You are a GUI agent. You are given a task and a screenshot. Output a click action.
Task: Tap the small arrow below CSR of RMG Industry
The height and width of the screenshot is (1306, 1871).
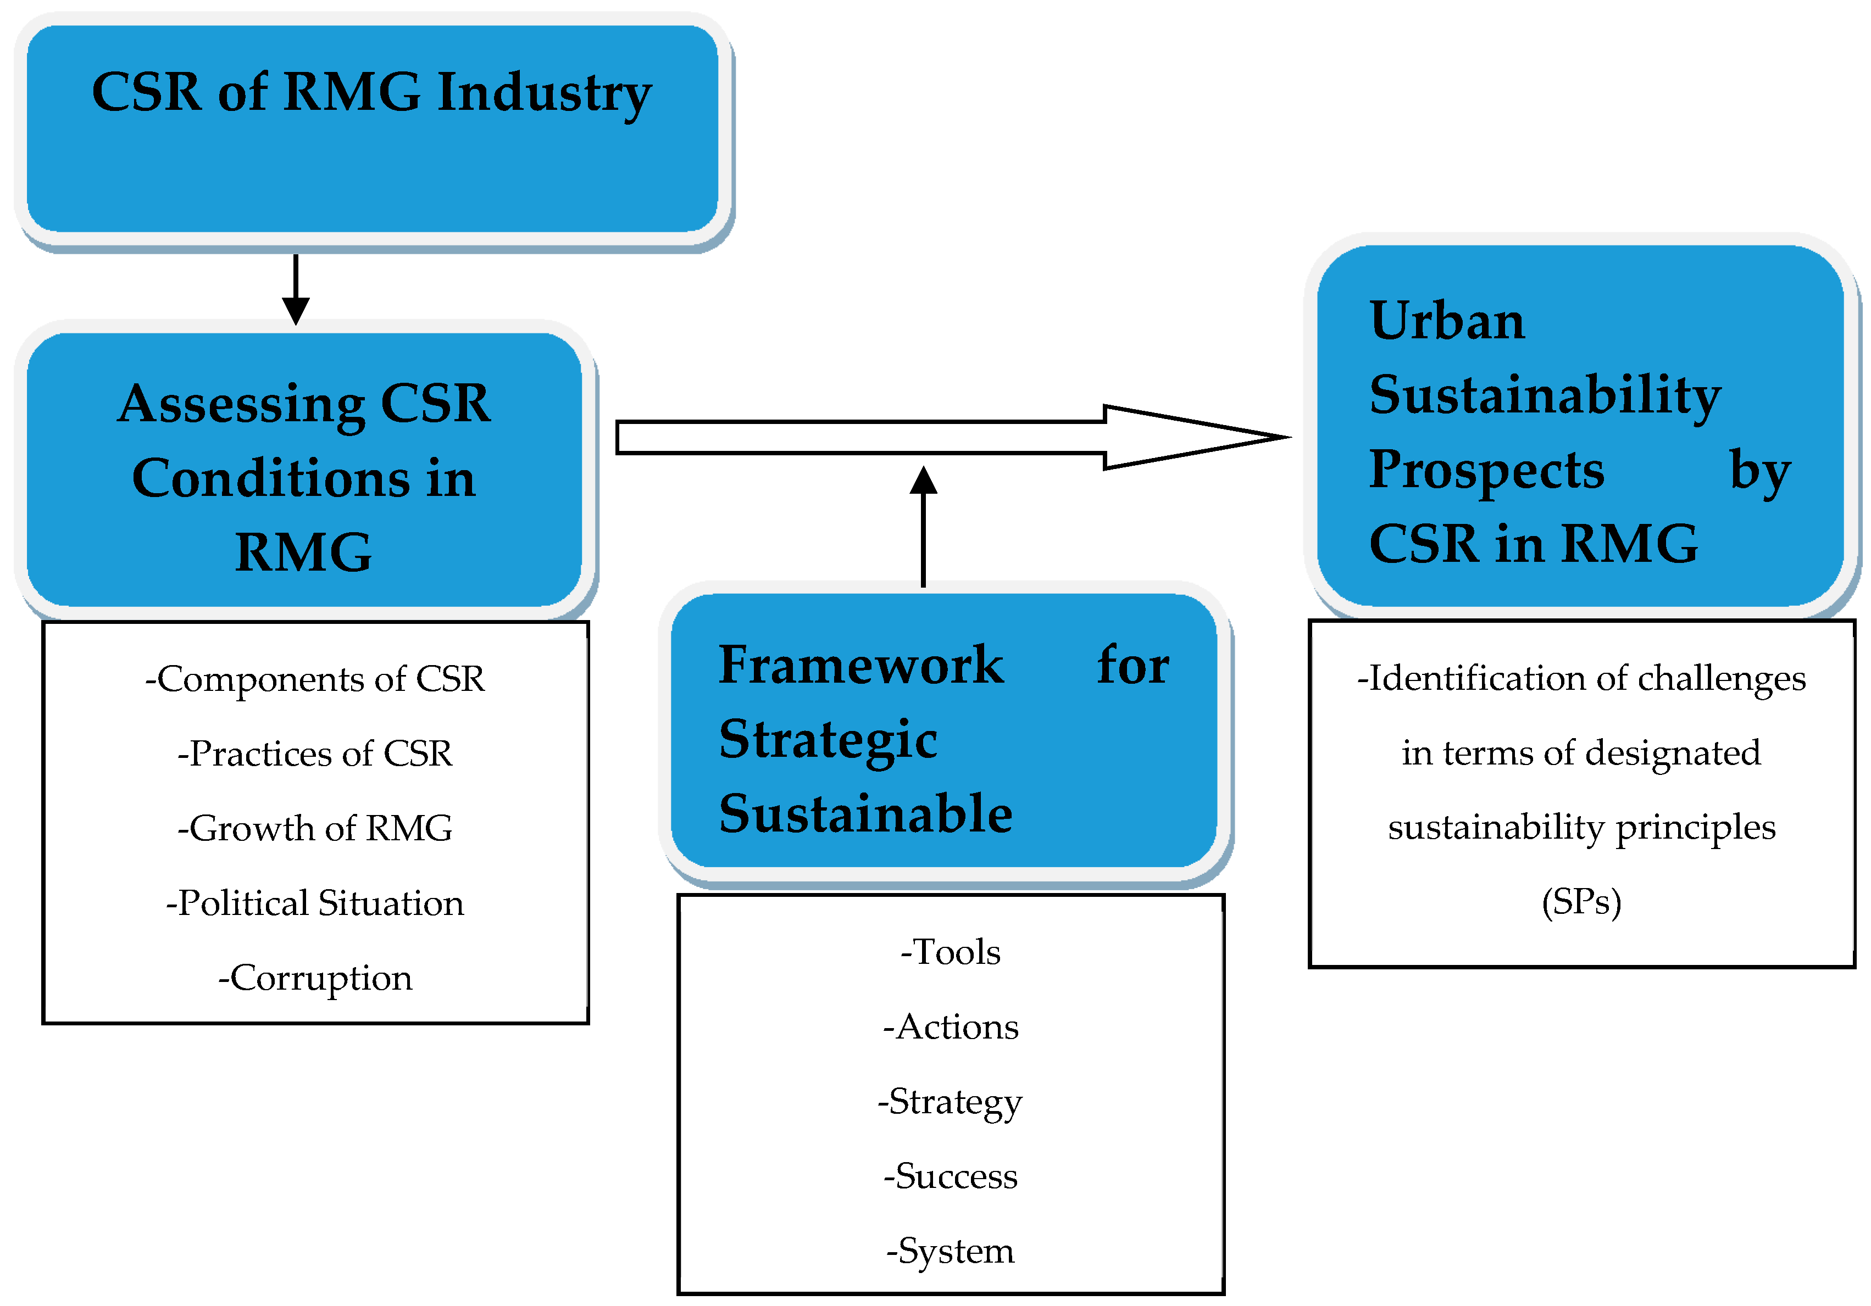[295, 290]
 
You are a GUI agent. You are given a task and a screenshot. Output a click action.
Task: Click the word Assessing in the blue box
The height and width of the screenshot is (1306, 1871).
[241, 404]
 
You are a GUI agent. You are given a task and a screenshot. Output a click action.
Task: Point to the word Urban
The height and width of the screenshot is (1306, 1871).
[1446, 320]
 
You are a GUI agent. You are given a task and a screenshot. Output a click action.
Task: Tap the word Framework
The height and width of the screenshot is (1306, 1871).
[860, 665]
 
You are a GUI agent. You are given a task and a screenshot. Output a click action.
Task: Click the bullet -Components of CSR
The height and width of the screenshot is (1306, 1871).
[314, 679]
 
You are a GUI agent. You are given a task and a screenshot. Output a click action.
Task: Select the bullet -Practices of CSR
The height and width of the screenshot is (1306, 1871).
[314, 754]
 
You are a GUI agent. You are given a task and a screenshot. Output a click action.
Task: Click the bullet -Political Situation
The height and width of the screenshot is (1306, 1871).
[314, 903]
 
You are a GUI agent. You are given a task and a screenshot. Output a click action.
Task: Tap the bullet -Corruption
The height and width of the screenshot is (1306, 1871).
[314, 978]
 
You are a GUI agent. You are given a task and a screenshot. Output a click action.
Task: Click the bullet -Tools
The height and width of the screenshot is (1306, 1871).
[950, 952]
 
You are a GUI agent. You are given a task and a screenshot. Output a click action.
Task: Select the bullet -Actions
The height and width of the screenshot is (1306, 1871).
[950, 1026]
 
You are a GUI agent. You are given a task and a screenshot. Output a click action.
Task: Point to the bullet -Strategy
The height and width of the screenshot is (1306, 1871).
[950, 1102]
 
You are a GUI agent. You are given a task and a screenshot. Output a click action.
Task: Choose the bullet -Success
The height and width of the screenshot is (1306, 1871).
[950, 1176]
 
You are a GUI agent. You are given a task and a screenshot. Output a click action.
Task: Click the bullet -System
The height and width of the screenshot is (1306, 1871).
[950, 1251]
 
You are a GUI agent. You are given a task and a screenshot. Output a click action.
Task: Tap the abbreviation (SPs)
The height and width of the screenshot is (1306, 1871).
[1581, 902]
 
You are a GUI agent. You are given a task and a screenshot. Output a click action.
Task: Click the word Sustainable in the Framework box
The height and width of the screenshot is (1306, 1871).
[865, 814]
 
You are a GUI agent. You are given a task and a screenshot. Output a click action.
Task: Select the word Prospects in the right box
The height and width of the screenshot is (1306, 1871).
[1486, 470]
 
